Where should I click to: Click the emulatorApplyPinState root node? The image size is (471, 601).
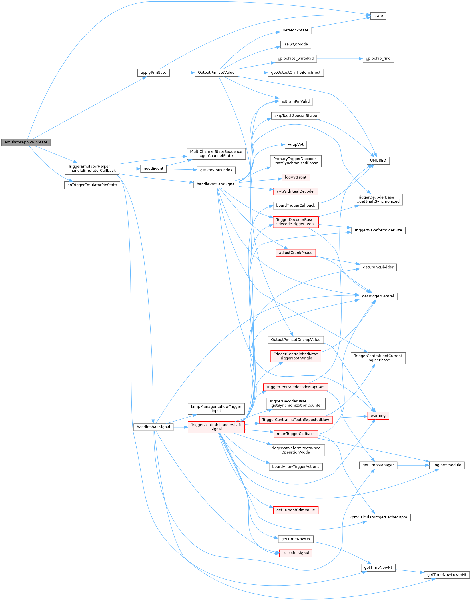coord(26,142)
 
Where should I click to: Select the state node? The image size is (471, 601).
coord(378,16)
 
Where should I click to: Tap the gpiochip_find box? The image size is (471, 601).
coord(378,59)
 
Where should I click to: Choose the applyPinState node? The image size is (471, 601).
coord(153,73)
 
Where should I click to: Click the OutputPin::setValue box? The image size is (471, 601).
coord(216,73)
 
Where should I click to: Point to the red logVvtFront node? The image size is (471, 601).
coord(296,177)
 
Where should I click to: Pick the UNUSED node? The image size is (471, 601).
coord(378,161)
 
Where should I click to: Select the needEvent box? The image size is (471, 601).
coord(153,169)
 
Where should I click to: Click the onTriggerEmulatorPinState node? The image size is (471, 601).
coord(92,185)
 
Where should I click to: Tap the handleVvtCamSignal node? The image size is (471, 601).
coord(216,184)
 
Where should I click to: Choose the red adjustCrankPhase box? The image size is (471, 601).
coord(296,253)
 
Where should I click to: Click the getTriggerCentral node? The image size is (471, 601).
coord(378,296)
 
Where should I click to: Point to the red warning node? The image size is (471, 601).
coord(378,416)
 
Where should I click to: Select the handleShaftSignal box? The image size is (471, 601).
coord(153,427)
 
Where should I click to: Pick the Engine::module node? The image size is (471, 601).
coord(447,465)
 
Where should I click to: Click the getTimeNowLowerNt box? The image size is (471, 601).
coord(447,575)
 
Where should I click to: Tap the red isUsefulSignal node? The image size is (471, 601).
coord(296,553)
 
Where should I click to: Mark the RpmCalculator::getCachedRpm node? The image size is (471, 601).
coord(378,517)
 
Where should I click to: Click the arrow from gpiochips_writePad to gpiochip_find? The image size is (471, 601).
coord(340,59)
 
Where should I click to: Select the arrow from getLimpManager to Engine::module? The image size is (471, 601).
coord(413,465)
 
